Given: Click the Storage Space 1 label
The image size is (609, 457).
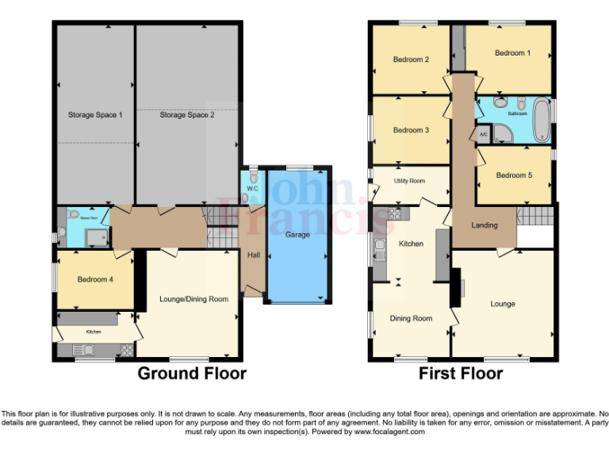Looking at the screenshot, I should (94, 115).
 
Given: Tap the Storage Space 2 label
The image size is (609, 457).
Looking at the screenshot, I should (186, 115).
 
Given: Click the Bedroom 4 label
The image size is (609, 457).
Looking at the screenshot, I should (94, 279).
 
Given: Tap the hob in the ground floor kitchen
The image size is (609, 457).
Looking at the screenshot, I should (125, 349).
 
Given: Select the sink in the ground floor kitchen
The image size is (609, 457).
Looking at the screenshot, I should (88, 349).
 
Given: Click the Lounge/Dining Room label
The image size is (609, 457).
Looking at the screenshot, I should (193, 299).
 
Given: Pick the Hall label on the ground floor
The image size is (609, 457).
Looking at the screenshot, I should (252, 255).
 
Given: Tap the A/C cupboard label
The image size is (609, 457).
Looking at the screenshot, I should (484, 135).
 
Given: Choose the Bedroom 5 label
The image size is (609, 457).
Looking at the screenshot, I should (514, 175).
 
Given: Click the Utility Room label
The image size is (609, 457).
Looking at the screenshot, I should (409, 181).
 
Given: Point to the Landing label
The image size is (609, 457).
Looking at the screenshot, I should (484, 225).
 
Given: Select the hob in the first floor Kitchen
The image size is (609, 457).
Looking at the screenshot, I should (394, 214).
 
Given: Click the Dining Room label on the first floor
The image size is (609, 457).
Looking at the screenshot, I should (411, 318).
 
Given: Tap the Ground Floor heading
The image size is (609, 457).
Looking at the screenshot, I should (192, 373).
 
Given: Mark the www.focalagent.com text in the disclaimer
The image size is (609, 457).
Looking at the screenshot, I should (389, 432).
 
